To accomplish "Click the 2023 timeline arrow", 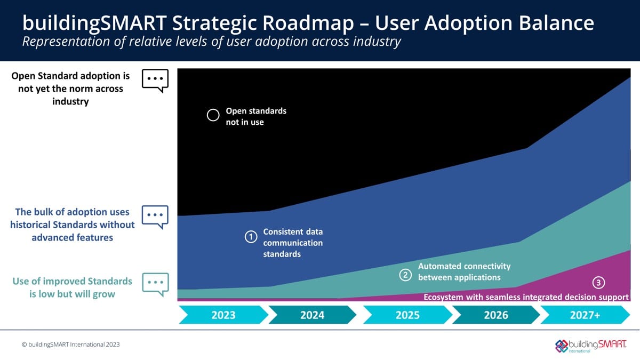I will (223, 315).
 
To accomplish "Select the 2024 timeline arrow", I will (312, 315).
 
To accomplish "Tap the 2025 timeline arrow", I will (407, 315).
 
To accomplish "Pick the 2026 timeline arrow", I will (496, 315).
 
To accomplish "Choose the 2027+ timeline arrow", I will (585, 315).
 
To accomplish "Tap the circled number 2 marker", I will (405, 275).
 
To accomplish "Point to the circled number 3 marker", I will (598, 283).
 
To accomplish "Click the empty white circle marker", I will (213, 115).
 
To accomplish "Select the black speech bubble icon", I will (155, 80).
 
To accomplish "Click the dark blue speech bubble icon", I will (155, 217).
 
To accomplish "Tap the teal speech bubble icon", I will (155, 283).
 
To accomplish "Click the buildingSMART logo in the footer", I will (591, 345).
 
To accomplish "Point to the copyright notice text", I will (71, 345).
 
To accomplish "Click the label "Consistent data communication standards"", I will (293, 243).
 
